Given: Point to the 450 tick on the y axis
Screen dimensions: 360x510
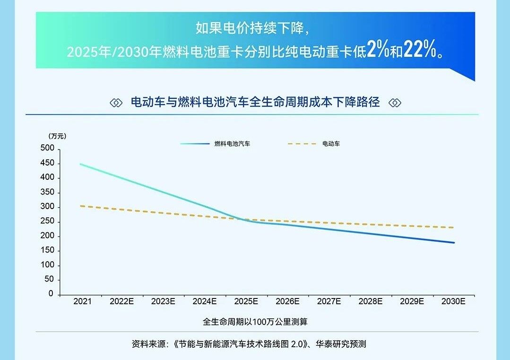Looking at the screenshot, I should coord(49,164).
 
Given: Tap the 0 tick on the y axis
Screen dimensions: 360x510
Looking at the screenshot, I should coord(52,294).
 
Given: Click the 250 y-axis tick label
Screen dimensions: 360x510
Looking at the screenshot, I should coord(49,222).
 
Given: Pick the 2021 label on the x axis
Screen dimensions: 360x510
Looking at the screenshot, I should coord(82,301).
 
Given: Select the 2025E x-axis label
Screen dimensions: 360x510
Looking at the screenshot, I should coord(246,301).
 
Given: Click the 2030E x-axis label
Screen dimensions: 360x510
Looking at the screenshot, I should coord(453,301).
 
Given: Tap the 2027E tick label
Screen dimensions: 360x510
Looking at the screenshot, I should coord(329,301).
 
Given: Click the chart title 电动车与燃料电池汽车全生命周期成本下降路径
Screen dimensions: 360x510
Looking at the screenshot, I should coord(255,102).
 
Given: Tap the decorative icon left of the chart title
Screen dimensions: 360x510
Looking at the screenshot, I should coord(116,103).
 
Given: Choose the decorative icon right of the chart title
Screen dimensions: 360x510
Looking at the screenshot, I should coord(395,103).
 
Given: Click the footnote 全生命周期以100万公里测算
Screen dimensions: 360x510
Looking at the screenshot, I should coord(255,322).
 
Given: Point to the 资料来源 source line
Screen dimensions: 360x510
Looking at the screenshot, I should coord(249,344).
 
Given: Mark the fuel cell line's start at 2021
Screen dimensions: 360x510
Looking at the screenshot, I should coord(81,164).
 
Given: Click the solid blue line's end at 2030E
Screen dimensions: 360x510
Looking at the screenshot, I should coord(454,243).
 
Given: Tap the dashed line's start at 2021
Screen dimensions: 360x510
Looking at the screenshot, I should coord(81,206).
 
